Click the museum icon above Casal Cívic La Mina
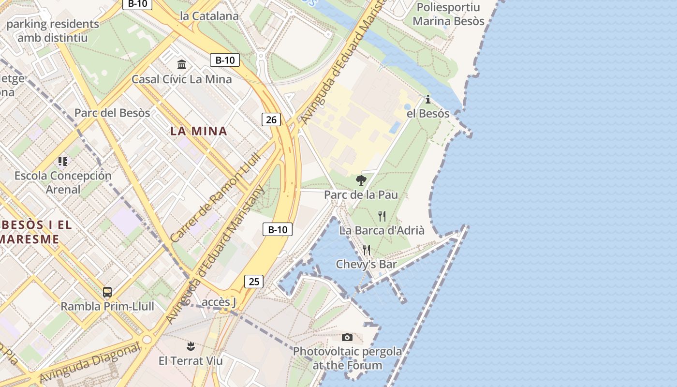click(x=182, y=64)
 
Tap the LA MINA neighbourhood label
click(x=198, y=131)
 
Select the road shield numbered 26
click(x=271, y=119)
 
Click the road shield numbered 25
click(x=254, y=281)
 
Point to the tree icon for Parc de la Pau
click(x=361, y=180)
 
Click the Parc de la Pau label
click(x=361, y=194)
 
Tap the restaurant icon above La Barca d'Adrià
click(x=382, y=216)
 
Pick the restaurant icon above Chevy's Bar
click(x=367, y=250)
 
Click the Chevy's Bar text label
click(x=366, y=264)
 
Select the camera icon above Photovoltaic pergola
click(x=347, y=337)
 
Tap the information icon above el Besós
click(x=427, y=100)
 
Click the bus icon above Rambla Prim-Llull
click(x=107, y=292)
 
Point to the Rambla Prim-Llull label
click(x=107, y=306)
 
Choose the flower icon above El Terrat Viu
click(x=191, y=346)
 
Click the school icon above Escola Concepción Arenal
click(x=63, y=161)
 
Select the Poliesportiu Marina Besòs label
click(x=448, y=14)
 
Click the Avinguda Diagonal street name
click(x=89, y=363)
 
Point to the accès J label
click(x=219, y=302)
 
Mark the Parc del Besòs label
click(x=112, y=113)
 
